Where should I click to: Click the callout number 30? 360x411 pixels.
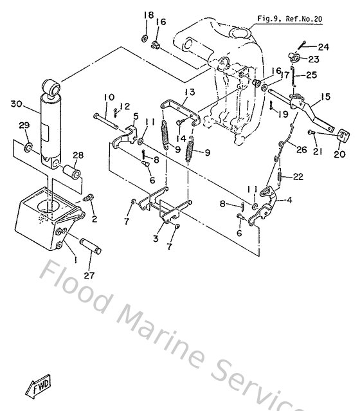point(16,104)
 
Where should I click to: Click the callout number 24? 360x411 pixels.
point(323,47)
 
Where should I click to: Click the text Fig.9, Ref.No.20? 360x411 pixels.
point(289,19)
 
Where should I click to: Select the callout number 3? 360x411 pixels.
point(154,239)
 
